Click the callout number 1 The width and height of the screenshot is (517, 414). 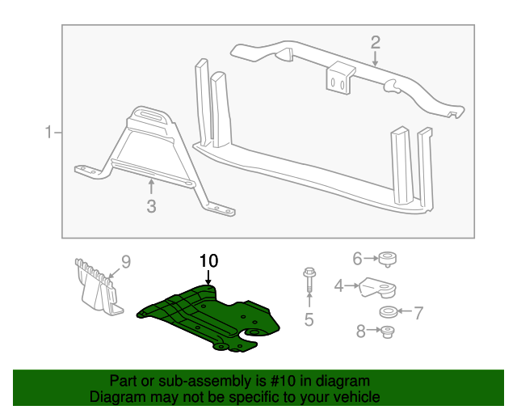click(48, 132)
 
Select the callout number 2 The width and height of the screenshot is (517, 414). click(375, 42)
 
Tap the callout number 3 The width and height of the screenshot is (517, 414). click(151, 207)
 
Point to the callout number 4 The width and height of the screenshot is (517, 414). click(339, 285)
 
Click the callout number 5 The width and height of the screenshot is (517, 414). click(309, 320)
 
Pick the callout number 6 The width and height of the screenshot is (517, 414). click(357, 259)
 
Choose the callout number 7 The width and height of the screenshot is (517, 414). click(418, 310)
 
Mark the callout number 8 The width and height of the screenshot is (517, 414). click(360, 331)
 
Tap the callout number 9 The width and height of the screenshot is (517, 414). click(125, 260)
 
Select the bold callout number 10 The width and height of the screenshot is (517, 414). click(208, 260)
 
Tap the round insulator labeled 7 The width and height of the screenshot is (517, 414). click(388, 311)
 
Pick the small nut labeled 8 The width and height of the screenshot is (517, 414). click(387, 332)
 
